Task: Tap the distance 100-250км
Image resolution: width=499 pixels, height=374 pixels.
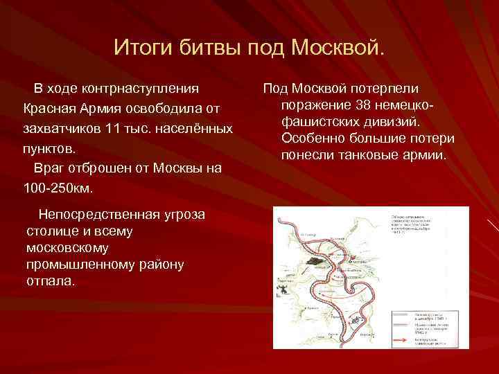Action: click(58, 188)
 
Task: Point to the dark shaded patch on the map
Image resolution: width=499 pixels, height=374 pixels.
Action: click(313, 263)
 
